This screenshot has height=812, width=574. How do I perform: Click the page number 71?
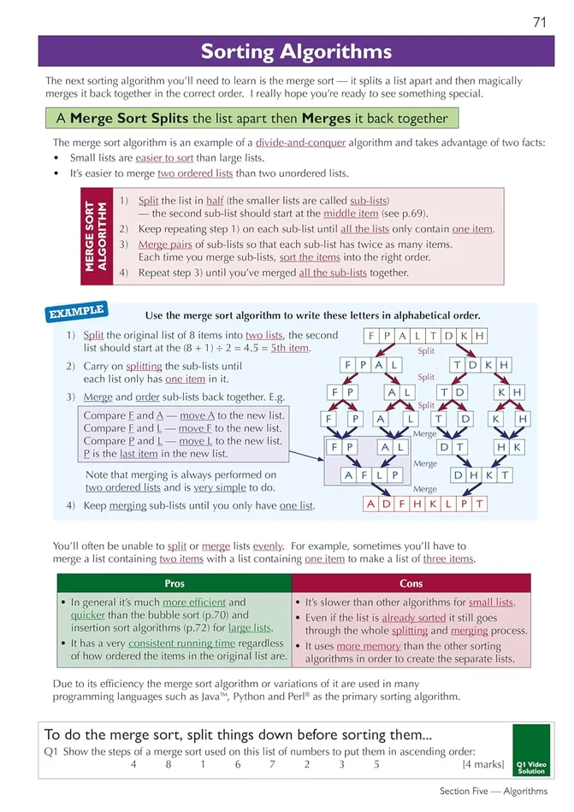click(539, 22)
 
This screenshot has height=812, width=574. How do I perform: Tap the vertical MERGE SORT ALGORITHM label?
click(95, 237)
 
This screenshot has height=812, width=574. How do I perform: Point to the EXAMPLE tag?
click(76, 311)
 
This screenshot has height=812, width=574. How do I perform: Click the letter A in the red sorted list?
click(370, 503)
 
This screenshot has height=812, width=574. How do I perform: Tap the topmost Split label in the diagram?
click(425, 350)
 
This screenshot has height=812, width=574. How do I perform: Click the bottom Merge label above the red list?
click(425, 489)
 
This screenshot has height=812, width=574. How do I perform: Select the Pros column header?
click(174, 584)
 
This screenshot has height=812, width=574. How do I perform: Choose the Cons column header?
click(411, 584)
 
